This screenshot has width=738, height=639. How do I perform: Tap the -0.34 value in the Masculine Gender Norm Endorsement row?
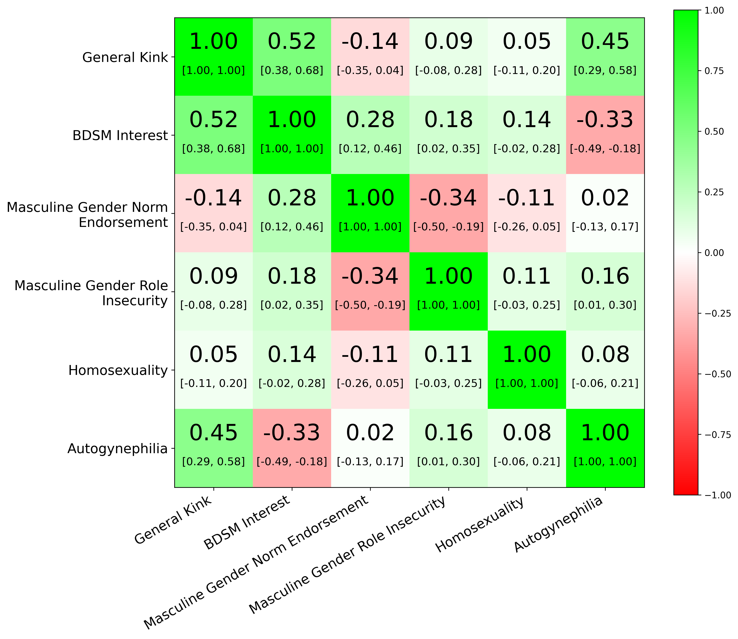448,198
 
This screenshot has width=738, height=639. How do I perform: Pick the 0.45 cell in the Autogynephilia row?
213,433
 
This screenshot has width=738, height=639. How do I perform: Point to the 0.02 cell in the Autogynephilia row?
370,433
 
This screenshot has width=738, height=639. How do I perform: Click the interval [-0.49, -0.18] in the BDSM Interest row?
605,149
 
